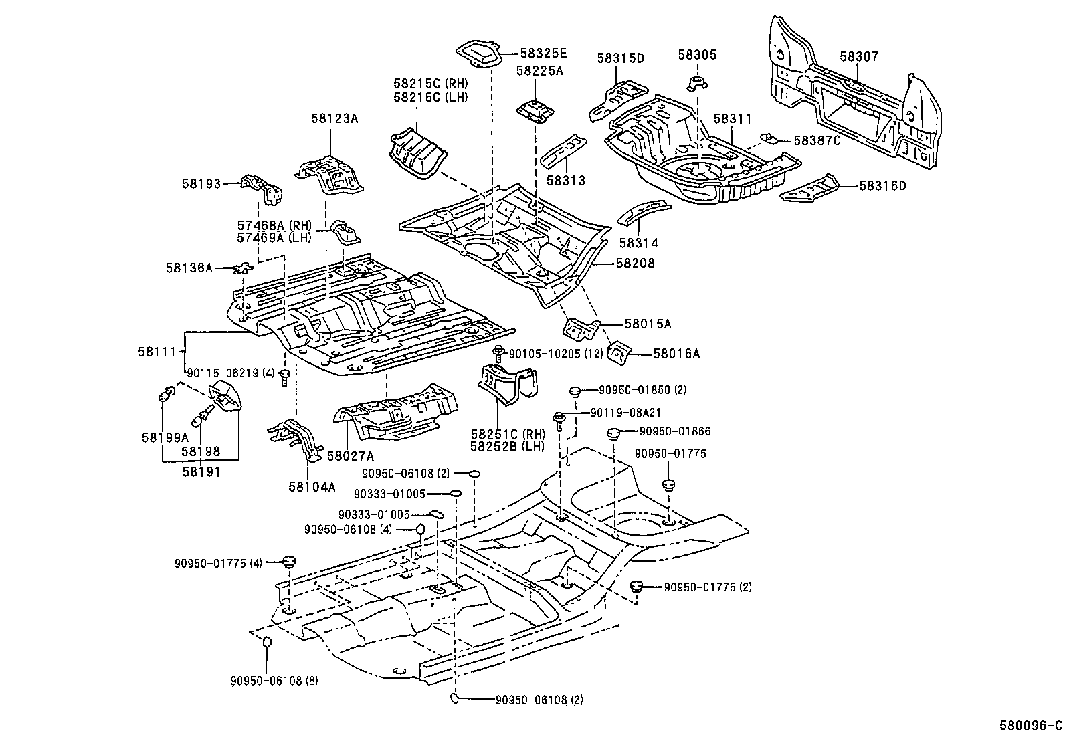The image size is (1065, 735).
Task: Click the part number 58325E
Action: [543, 54]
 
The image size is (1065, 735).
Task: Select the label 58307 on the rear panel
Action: [859, 57]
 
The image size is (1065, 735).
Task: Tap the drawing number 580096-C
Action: [1030, 724]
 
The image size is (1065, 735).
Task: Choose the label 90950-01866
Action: [674, 432]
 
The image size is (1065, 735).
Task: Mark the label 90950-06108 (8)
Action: [276, 681]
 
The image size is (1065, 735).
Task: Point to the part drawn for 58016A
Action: [619, 353]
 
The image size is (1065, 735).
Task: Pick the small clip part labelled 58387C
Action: [769, 138]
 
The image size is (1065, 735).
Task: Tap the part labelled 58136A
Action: [243, 269]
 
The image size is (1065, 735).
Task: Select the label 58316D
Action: [882, 186]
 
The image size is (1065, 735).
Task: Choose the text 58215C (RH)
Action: [430, 84]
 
